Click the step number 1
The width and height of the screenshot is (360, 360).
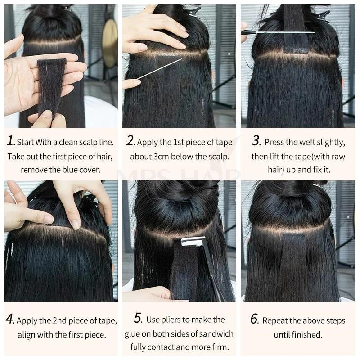11,141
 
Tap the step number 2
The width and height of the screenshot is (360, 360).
130,141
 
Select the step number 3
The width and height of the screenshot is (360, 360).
256,141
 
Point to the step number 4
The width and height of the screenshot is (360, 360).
11,320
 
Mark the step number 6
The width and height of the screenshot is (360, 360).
255,319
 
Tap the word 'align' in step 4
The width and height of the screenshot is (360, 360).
28,335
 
